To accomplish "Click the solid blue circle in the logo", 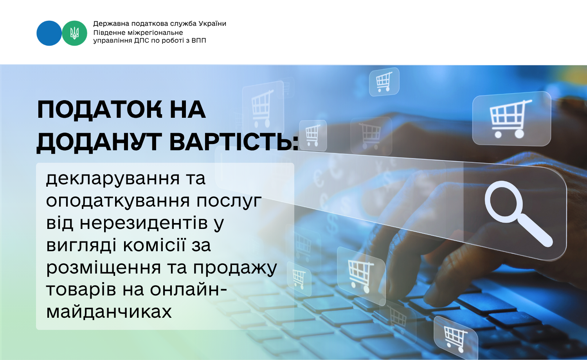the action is point(49,33).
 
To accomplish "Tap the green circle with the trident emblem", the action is point(74,33).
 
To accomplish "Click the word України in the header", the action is point(212,23).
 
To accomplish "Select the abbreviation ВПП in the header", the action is point(199,41).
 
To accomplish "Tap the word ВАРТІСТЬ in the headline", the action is point(234,142).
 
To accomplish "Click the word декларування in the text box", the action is point(113,179).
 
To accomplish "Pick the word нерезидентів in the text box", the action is point(144,223).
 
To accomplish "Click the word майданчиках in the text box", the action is point(109,311).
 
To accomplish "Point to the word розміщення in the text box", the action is point(104,268).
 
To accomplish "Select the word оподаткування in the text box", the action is point(118,202).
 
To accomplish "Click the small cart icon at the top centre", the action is point(384,82).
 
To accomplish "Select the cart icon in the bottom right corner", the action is point(456,338).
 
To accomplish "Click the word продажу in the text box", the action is point(235,268).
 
